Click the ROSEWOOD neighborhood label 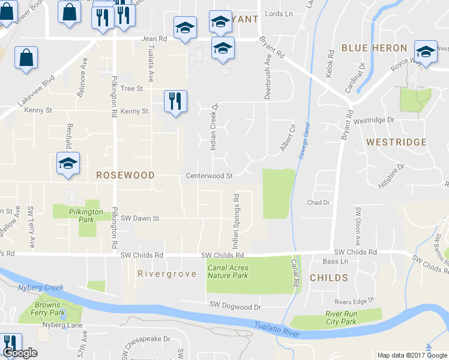pos(125,175)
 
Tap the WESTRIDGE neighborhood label pos(396,142)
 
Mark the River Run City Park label pos(342,317)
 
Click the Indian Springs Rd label pos(237,220)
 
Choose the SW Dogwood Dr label pos(235,306)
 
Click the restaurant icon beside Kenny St pos(175,101)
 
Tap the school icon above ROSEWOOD pos(68,163)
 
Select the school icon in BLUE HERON pos(426,52)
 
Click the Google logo pos(19,353)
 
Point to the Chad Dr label pos(319,203)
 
